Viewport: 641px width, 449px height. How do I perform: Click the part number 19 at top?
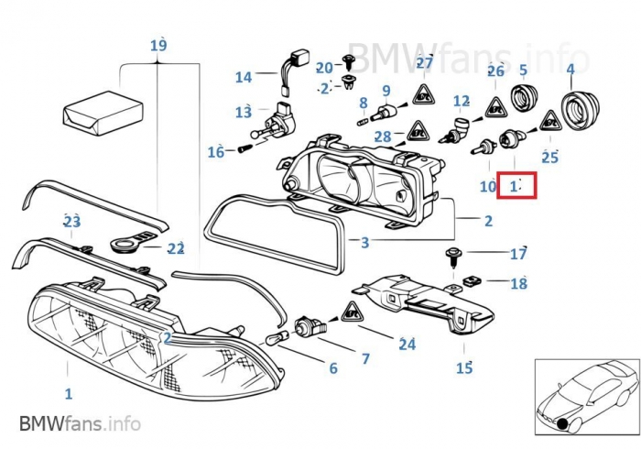coord(158,45)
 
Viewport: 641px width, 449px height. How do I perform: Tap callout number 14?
coord(243,78)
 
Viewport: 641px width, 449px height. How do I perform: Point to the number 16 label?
coord(215,152)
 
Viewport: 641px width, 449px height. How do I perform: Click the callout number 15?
coord(464,368)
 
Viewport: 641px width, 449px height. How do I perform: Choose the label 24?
coord(407,345)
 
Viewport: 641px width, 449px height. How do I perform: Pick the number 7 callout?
coord(365,359)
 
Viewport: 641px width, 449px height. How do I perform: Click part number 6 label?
coord(333,368)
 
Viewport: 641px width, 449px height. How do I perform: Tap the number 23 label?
coord(71,221)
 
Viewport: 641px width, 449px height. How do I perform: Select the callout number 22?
coord(177,248)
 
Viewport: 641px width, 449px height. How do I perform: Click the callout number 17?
coord(518,254)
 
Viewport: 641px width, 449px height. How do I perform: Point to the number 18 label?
coord(518,283)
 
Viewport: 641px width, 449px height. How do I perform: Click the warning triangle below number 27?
coord(423,93)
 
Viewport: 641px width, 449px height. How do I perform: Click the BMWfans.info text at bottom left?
coord(80,423)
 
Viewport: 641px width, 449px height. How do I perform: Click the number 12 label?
coord(462,101)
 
